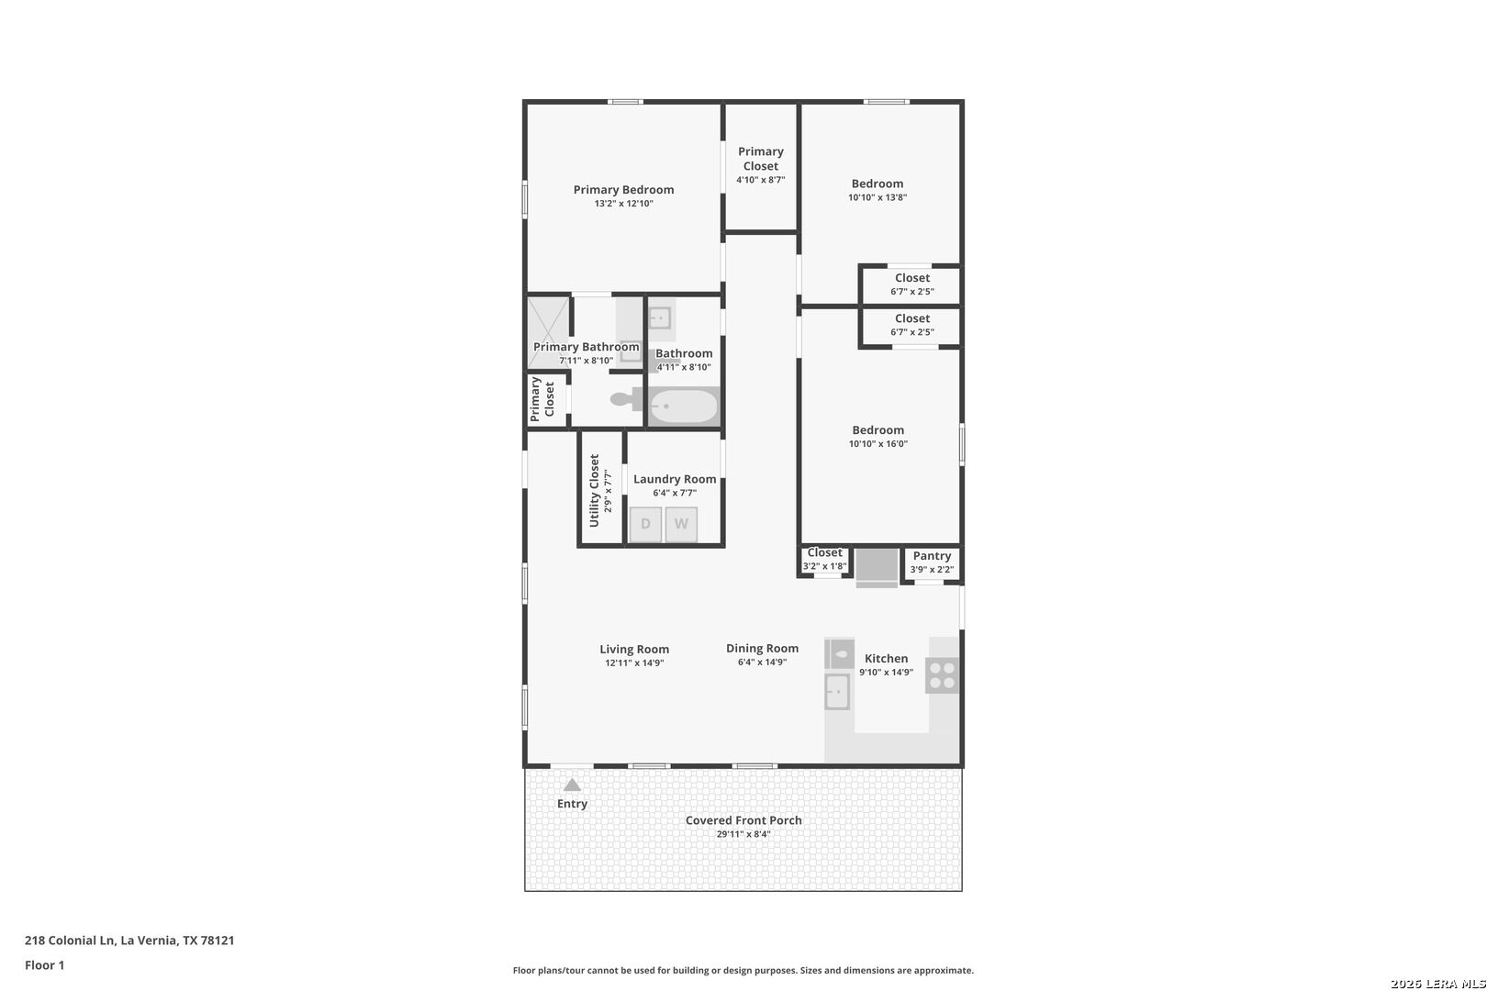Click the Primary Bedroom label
[623, 190]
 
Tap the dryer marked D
[645, 524]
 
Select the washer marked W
[681, 524]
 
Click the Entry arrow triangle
[572, 785]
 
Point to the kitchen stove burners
[943, 675]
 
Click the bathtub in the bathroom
[684, 406]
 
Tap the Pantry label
[932, 556]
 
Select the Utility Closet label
[594, 490]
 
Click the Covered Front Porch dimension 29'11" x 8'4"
[743, 835]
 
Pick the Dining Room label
[762, 649]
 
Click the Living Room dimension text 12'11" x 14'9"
[633, 663]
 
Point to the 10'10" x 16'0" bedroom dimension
[878, 444]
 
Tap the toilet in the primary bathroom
[625, 399]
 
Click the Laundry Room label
[675, 479]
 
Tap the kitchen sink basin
[837, 692]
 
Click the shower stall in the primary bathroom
[548, 331]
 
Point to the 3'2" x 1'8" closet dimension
[824, 567]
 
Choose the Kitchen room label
[886, 659]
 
